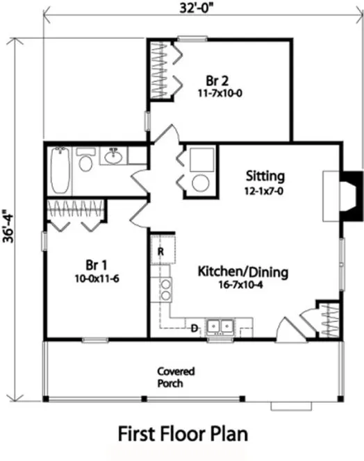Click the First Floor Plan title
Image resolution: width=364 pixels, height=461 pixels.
pyautogui.click(x=183, y=434)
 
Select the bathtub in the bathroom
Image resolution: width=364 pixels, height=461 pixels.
pyautogui.click(x=60, y=171)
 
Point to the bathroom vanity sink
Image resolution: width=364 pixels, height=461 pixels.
pyautogui.click(x=113, y=157)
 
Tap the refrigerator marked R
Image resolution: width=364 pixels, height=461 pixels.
pyautogui.click(x=160, y=251)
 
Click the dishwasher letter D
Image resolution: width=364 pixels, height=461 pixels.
pyautogui.click(x=196, y=326)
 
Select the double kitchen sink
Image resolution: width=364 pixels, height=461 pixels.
pyautogui.click(x=221, y=326)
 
